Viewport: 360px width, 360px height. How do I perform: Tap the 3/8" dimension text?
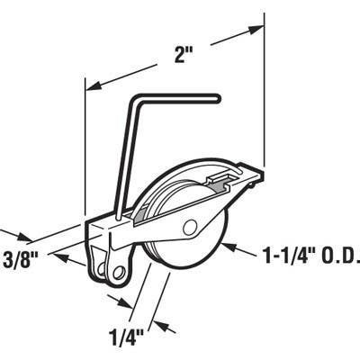(x=21, y=260)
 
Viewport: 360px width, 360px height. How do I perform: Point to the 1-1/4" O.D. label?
(x=311, y=256)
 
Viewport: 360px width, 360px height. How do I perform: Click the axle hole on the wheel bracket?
(x=190, y=229)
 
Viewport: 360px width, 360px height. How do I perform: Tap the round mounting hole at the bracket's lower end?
(x=120, y=272)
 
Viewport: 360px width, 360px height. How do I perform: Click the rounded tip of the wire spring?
(x=217, y=99)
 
